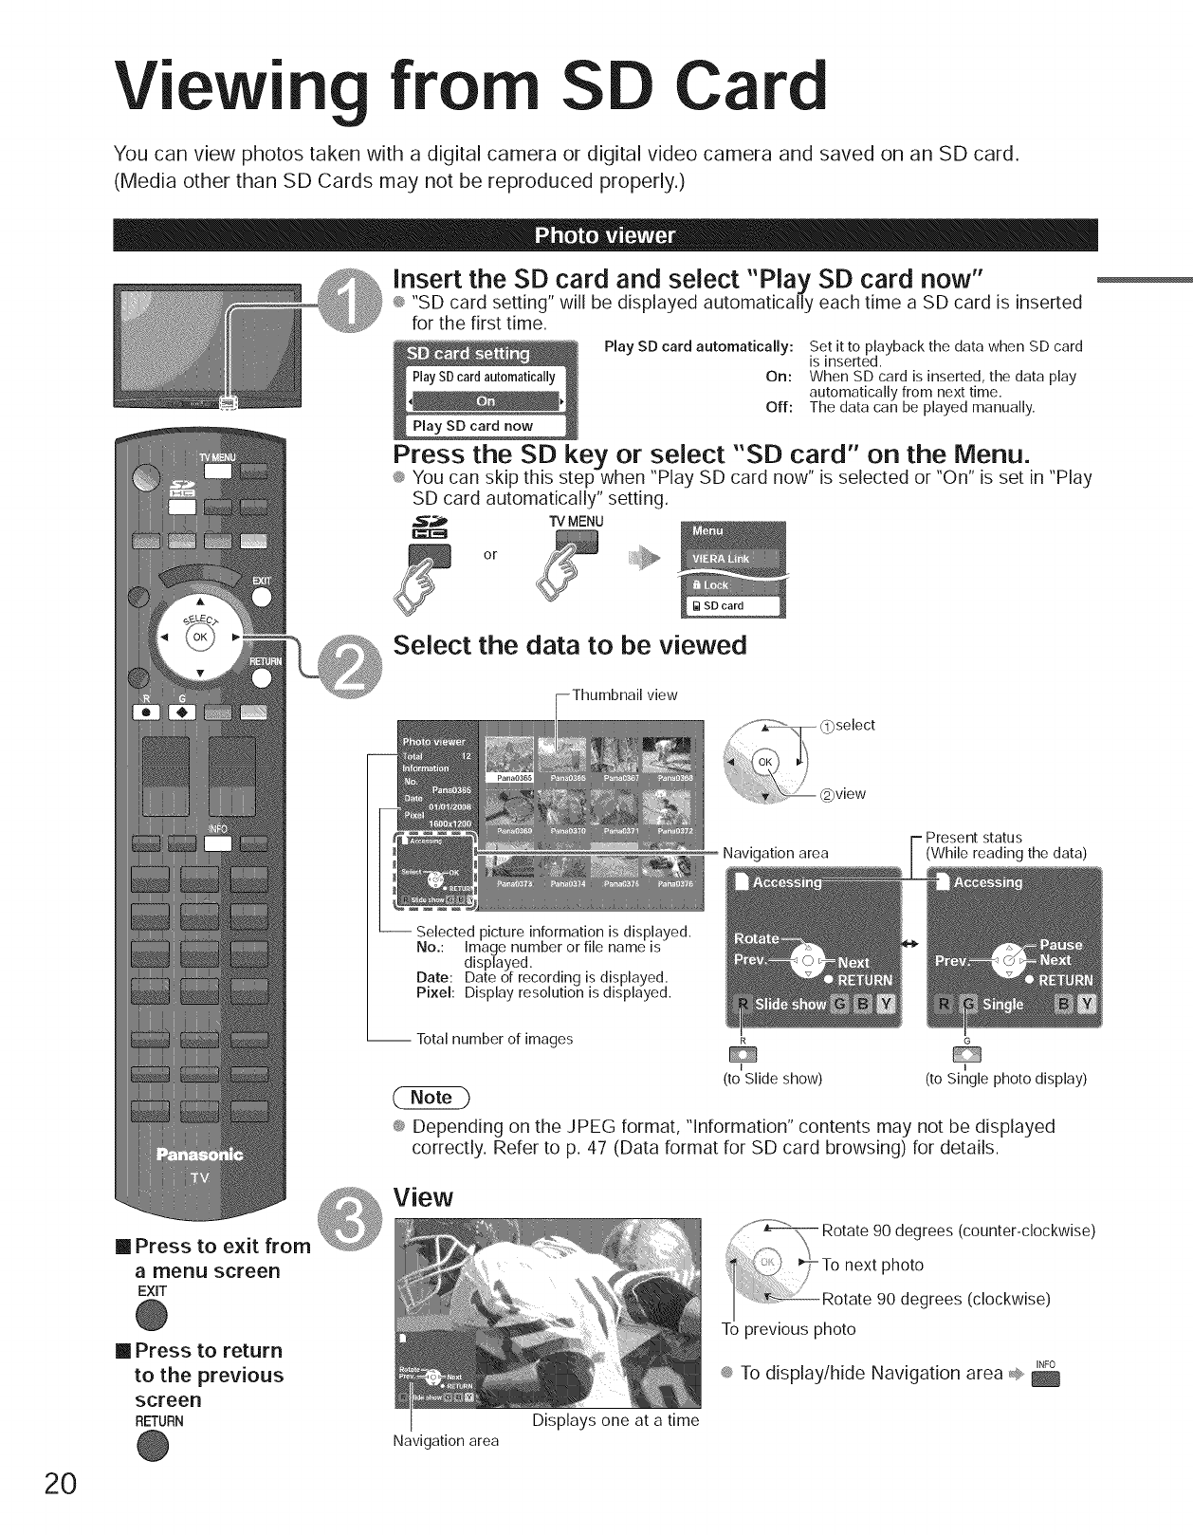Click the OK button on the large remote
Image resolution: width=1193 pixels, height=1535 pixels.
coord(200,638)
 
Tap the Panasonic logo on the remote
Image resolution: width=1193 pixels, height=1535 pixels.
coord(199,1155)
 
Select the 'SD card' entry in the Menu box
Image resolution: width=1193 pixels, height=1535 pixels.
coord(730,605)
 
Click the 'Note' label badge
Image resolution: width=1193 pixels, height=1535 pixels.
coord(431,1098)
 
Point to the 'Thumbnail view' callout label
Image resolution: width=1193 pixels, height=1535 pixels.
coord(624,695)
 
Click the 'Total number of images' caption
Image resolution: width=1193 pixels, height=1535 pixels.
coord(495,1039)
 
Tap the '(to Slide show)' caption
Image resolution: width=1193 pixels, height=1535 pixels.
coord(772,1079)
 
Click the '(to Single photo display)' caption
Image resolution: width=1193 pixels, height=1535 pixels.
coord(1005,1079)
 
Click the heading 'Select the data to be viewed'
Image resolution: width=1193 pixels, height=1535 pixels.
coord(570,646)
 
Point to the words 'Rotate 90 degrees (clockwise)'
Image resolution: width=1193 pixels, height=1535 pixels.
coord(935,1299)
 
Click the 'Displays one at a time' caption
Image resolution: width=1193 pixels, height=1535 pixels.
coord(615,1420)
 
